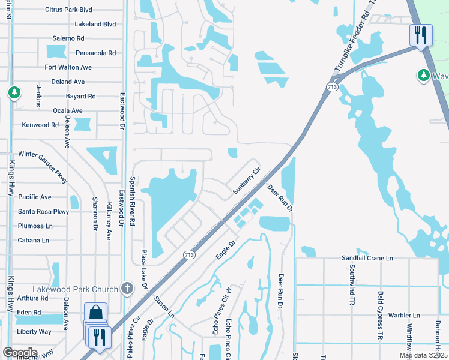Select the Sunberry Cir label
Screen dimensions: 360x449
coord(247,180)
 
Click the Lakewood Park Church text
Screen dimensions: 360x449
coord(85,289)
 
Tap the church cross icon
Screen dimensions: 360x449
coord(127,289)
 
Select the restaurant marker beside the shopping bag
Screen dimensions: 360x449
coord(97,337)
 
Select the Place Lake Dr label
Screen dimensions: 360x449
coord(145,270)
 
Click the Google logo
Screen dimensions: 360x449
coord(20,352)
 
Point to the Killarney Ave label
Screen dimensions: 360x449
coord(109,213)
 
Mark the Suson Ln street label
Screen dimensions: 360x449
coord(164,306)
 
